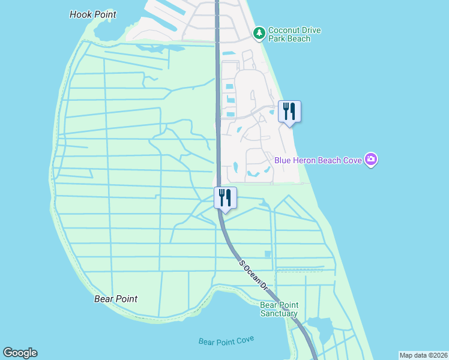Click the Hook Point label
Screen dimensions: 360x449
coord(92,14)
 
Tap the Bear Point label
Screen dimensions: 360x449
coord(116,299)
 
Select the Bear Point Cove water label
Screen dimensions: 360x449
coord(226,341)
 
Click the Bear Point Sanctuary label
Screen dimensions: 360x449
coord(279,309)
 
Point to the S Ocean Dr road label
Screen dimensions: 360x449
coord(253,275)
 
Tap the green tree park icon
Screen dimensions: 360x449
coord(259,33)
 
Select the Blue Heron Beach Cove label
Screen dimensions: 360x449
coord(318,160)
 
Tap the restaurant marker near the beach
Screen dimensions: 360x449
coord(289,112)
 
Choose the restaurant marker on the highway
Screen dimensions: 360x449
coord(226,198)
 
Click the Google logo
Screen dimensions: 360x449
coord(20,353)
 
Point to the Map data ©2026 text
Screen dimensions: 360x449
coord(423,355)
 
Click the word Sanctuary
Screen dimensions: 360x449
coord(279,313)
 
